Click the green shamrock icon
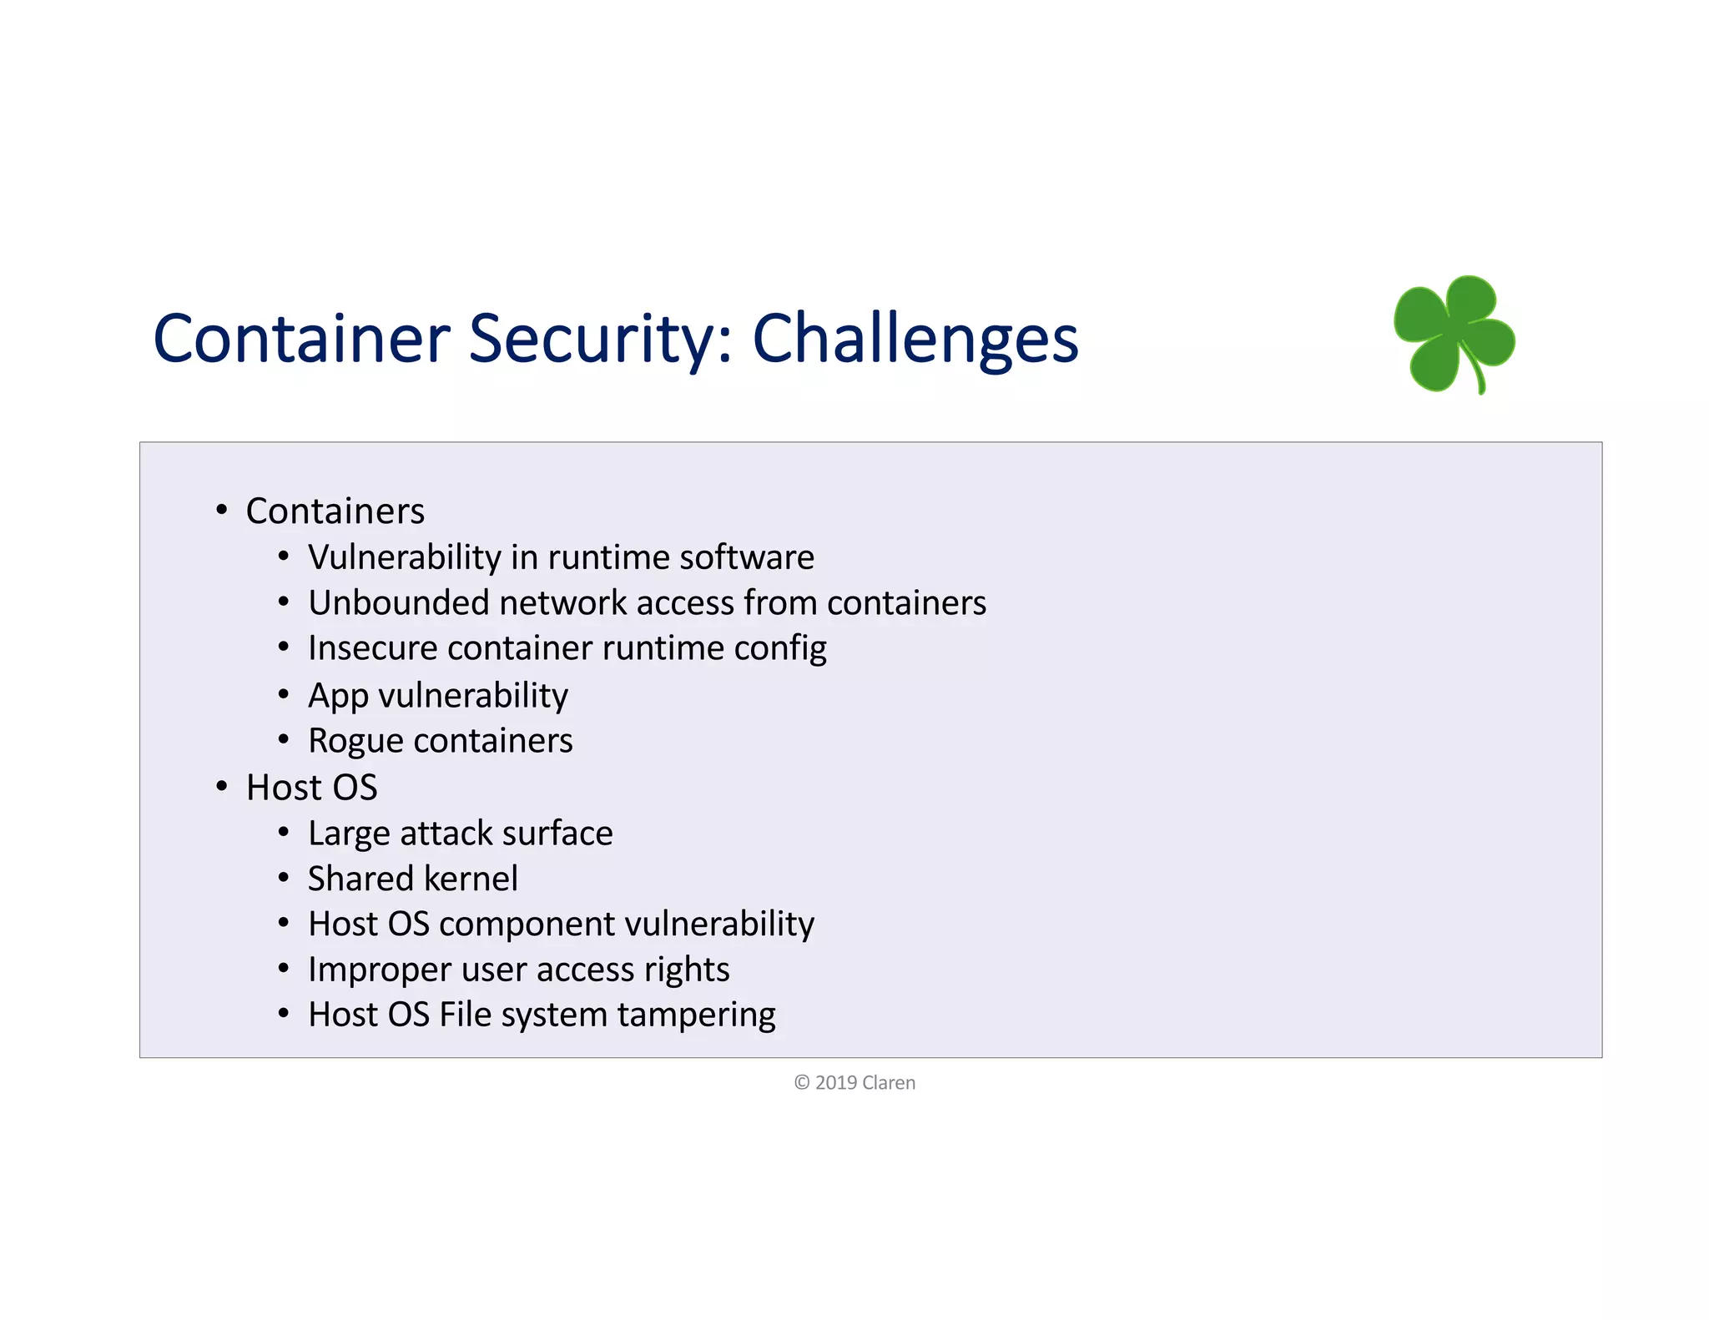point(1454,334)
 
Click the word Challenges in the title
point(915,339)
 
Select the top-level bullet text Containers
point(335,511)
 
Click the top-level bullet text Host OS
point(311,788)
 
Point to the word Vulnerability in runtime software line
point(404,557)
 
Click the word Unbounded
point(397,603)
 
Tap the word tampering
point(696,1015)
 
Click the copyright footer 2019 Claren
point(854,1083)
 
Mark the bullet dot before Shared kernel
point(284,878)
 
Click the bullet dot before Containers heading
point(221,509)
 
